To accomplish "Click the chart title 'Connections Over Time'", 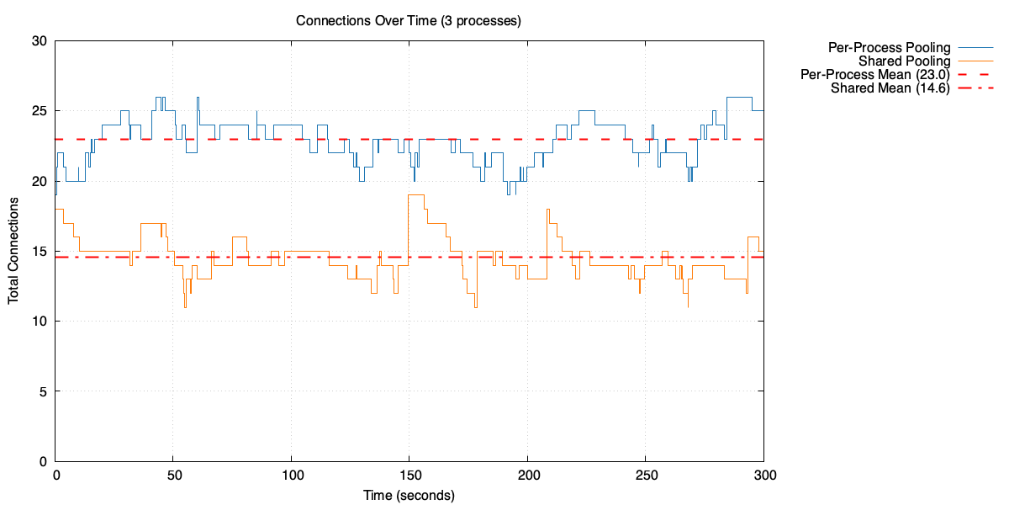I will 408,20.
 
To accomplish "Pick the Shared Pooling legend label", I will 904,61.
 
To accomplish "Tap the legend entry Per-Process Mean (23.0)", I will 875,75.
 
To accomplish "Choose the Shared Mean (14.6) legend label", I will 890,88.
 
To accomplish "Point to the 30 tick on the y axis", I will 39,40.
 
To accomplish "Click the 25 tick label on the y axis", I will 39,111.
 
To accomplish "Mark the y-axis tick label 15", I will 39,252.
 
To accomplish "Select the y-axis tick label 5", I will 42,391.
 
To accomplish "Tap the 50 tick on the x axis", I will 173,476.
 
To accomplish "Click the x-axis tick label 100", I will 291,476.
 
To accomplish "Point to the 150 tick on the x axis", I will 409,476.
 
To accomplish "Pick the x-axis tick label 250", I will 645,476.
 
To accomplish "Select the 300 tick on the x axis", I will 763,476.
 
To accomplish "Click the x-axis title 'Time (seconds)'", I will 409,495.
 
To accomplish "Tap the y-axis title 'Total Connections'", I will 14,251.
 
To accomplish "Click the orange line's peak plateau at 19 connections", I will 416,195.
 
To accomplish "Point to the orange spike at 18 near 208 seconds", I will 547,210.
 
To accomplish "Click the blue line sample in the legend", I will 975,47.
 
